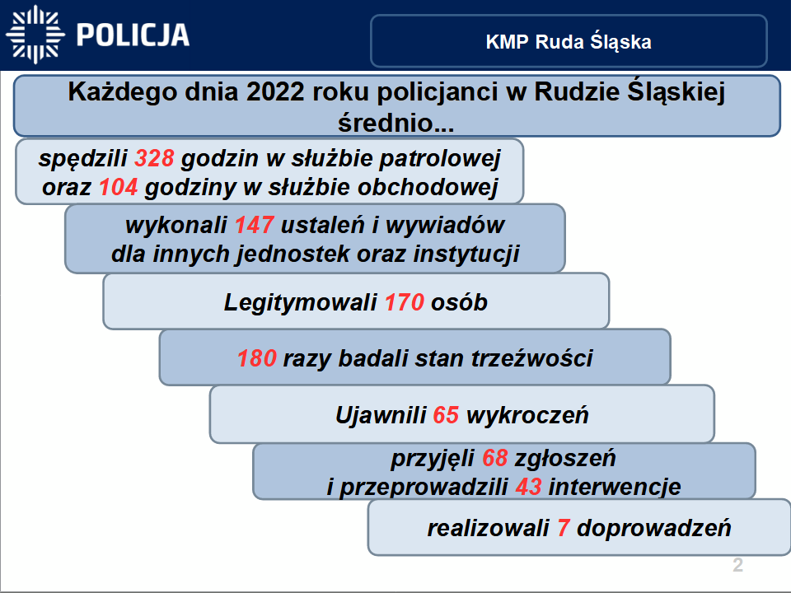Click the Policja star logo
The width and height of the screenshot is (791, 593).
pos(35,35)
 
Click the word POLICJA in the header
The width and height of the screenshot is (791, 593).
pos(133,35)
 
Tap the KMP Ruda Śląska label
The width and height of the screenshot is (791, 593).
pos(569,42)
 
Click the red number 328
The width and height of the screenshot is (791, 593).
pos(156,158)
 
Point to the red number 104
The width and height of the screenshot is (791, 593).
pos(119,188)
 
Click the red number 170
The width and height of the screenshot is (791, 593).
pos(405,303)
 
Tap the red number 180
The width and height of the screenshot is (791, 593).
pos(257,359)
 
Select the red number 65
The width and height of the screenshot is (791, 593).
pos(445,415)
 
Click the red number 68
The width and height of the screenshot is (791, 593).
pos(495,458)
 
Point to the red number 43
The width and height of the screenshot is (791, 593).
pos(527,487)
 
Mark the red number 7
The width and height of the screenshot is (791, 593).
pos(564,528)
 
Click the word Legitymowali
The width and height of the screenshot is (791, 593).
pos(301,303)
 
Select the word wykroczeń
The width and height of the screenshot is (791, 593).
pos(527,415)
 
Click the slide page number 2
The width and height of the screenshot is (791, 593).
pos(737,566)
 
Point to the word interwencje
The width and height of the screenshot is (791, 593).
pos(614,487)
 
